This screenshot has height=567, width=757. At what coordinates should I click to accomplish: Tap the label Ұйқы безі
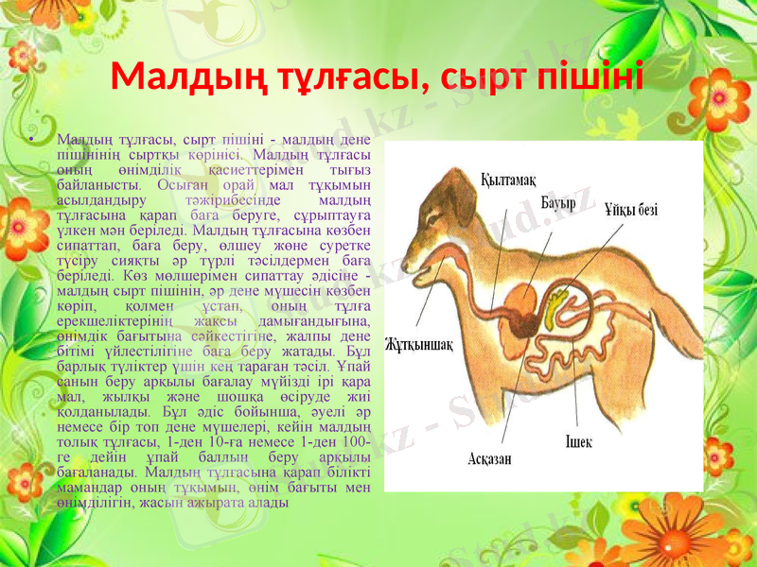click(x=632, y=210)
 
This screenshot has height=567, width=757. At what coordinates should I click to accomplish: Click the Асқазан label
click(x=490, y=459)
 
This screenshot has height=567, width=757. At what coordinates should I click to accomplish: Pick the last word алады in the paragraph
click(x=269, y=501)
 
